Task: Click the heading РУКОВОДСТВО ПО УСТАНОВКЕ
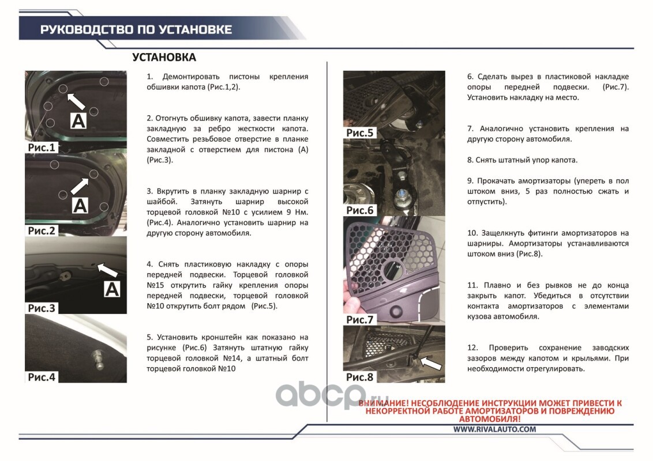pyautogui.click(x=136, y=29)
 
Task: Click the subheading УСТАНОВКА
pyautogui.click(x=164, y=58)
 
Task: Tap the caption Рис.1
pyautogui.click(x=41, y=148)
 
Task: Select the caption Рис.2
pyautogui.click(x=41, y=231)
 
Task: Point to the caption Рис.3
pyautogui.click(x=41, y=308)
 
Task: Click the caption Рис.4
pyautogui.click(x=41, y=377)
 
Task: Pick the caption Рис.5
pyautogui.click(x=360, y=133)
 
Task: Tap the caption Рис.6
pyautogui.click(x=360, y=210)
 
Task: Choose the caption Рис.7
pyautogui.click(x=360, y=320)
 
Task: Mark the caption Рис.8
pyautogui.click(x=360, y=377)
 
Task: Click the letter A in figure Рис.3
pyautogui.click(x=111, y=289)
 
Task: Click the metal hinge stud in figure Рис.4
pyautogui.click(x=98, y=360)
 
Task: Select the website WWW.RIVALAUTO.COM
pyautogui.click(x=495, y=429)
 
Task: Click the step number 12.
pyautogui.click(x=472, y=348)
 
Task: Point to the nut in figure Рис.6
pyautogui.click(x=403, y=194)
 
